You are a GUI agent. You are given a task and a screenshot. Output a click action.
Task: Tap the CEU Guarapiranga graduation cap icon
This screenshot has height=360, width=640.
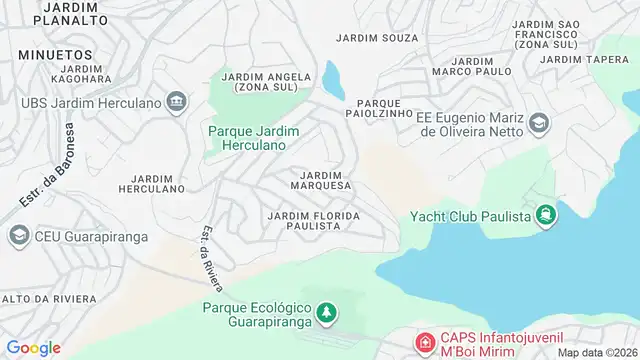tap(18, 235)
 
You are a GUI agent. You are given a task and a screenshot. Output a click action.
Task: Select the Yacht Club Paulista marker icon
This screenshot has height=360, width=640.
tap(545, 215)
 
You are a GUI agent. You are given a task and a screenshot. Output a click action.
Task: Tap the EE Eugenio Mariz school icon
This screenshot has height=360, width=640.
tap(539, 123)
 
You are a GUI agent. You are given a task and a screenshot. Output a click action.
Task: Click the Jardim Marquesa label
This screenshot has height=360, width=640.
tap(320, 180)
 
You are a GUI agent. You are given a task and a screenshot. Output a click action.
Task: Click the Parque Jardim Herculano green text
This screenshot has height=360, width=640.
tap(248, 137)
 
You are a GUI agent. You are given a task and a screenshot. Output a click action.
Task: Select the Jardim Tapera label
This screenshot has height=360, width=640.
tap(586, 59)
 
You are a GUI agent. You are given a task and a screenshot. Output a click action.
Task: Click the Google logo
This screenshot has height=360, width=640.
tap(34, 348)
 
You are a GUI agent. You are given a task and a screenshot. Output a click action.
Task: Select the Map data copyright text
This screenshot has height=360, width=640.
tap(596, 352)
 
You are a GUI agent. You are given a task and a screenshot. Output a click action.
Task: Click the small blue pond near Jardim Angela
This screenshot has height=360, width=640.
tap(333, 76)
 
